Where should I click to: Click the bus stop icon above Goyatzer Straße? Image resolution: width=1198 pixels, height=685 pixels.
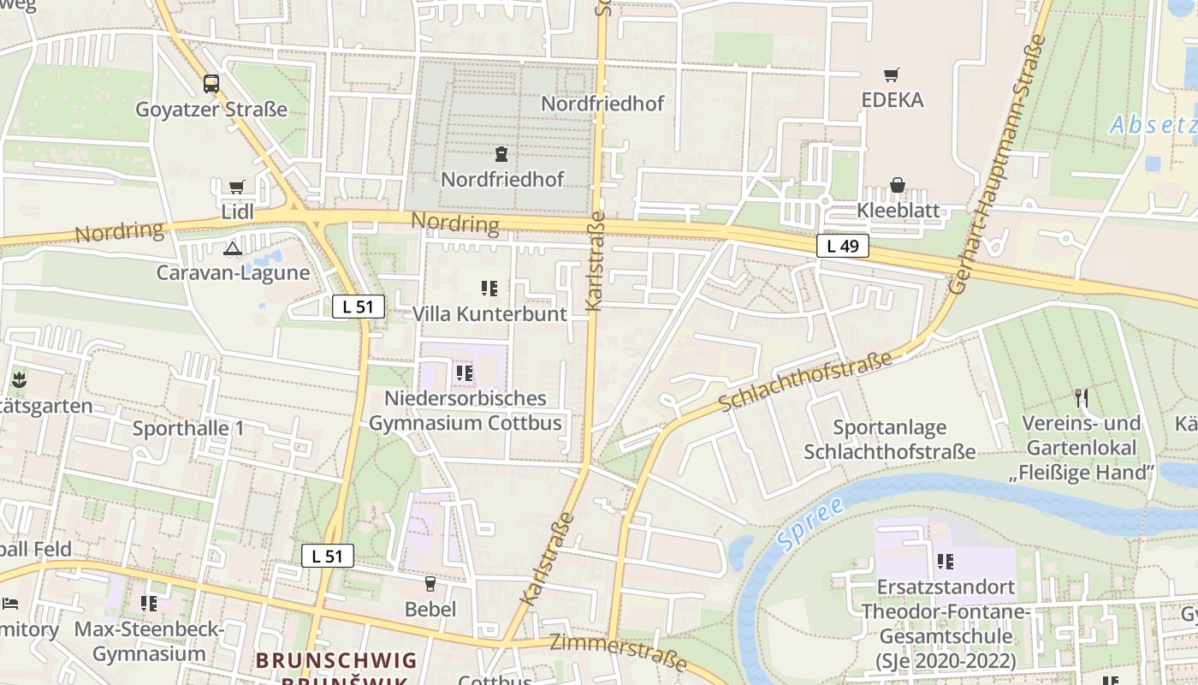211,84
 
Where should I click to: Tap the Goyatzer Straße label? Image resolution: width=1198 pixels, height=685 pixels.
211,110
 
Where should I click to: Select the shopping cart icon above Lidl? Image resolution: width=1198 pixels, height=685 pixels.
237,187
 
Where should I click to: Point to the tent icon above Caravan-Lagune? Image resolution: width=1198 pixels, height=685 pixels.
232,249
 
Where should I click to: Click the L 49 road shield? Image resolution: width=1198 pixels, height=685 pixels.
842,247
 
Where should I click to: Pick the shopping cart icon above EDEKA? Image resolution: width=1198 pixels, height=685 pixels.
892,75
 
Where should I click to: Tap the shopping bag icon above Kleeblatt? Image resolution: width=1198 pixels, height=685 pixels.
898,185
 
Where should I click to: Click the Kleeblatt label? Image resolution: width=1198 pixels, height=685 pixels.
898,211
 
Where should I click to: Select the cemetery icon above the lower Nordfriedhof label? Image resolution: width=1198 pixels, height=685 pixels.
501,154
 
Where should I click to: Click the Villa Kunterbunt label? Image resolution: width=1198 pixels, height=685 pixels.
489,314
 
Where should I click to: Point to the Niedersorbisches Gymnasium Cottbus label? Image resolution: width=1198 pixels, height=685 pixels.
466,410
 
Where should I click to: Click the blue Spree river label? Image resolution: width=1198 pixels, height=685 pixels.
809,523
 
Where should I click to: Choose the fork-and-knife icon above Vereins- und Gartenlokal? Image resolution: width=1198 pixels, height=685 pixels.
1082,397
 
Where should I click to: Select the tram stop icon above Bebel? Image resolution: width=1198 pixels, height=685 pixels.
430,584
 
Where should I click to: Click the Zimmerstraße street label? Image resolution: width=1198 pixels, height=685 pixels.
618,652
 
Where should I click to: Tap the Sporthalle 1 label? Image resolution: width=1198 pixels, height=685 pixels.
188,428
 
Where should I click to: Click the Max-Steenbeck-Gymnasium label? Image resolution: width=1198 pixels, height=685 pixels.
149,642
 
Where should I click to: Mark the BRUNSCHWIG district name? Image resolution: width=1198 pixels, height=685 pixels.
336,661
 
